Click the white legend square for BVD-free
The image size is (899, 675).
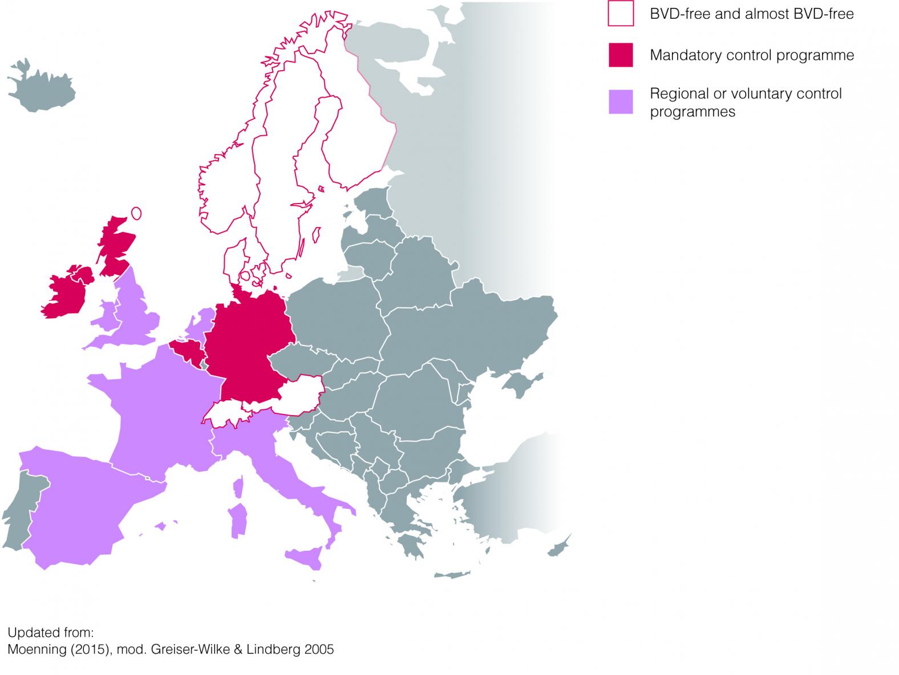pos(621,14)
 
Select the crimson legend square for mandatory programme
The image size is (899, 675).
pos(621,55)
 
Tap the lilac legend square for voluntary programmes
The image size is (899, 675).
pos(621,102)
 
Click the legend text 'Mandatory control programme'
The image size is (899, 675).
pos(752,55)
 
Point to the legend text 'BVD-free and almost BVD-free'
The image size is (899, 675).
pos(752,14)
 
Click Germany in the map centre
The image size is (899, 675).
pos(248,342)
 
